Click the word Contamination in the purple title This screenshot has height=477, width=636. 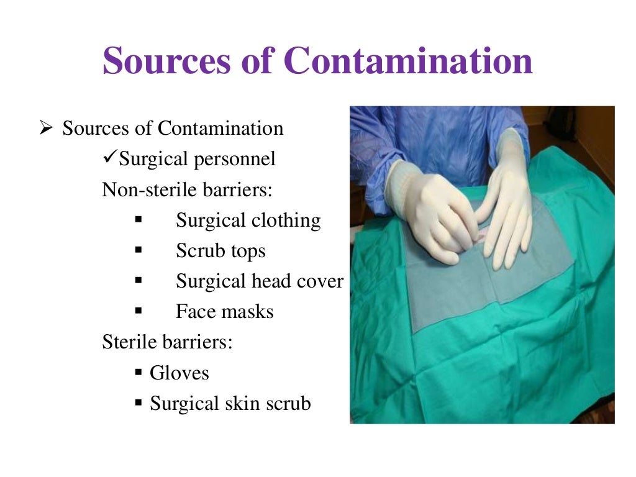pyautogui.click(x=408, y=60)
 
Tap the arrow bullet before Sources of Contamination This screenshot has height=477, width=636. pyautogui.click(x=45, y=129)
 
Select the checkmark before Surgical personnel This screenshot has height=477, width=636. pyautogui.click(x=110, y=158)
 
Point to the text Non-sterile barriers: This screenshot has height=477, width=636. pyautogui.click(x=187, y=189)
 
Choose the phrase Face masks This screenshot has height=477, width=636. pyautogui.click(x=224, y=311)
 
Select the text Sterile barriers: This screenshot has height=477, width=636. pyautogui.click(x=167, y=342)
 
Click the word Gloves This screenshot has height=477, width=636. pyautogui.click(x=179, y=373)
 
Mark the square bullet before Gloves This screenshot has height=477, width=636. pyautogui.click(x=139, y=373)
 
